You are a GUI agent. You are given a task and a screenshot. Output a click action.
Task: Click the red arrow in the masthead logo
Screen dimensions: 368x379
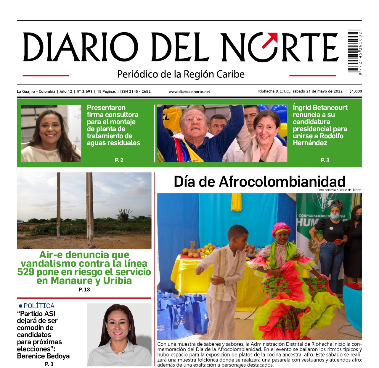[x=270, y=40]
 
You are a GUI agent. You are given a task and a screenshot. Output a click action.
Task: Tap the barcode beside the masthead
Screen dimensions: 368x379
[x=354, y=51]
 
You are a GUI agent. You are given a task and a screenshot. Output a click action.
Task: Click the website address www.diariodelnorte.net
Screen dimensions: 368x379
[x=189, y=92]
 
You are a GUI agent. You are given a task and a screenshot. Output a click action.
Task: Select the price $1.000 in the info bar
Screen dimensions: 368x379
[x=355, y=91]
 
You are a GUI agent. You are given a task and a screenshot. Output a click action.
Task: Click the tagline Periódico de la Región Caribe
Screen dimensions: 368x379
[x=181, y=74]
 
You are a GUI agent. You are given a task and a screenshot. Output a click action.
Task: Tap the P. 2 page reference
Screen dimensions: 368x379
[x=119, y=160]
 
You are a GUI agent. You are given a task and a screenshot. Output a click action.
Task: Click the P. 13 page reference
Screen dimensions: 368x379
[x=84, y=290]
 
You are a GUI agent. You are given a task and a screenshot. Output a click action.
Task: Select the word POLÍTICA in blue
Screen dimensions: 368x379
[x=39, y=306]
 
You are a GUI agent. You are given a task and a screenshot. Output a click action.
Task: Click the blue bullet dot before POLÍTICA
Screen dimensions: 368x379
[x=20, y=306]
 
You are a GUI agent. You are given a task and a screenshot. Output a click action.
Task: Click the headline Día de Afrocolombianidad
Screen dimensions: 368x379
[x=259, y=181]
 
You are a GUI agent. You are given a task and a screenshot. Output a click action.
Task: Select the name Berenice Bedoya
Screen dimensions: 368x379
[x=43, y=356]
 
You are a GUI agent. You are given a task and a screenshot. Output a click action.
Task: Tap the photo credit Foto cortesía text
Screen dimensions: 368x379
[x=339, y=190]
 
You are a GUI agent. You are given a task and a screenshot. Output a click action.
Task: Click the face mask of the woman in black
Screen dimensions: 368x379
[x=335, y=216]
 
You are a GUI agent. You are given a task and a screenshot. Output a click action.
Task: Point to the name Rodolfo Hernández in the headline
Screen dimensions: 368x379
[x=318, y=140]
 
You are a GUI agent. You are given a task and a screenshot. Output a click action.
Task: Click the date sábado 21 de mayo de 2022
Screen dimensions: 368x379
[x=317, y=91]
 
